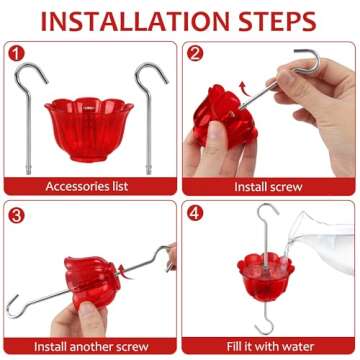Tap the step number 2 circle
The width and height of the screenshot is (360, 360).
click(x=195, y=52)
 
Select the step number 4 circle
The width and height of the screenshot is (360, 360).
click(x=195, y=212)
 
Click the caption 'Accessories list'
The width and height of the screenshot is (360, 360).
click(x=90, y=186)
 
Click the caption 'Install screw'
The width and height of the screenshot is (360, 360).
click(x=270, y=186)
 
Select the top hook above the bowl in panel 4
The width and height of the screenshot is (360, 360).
click(x=265, y=225)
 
